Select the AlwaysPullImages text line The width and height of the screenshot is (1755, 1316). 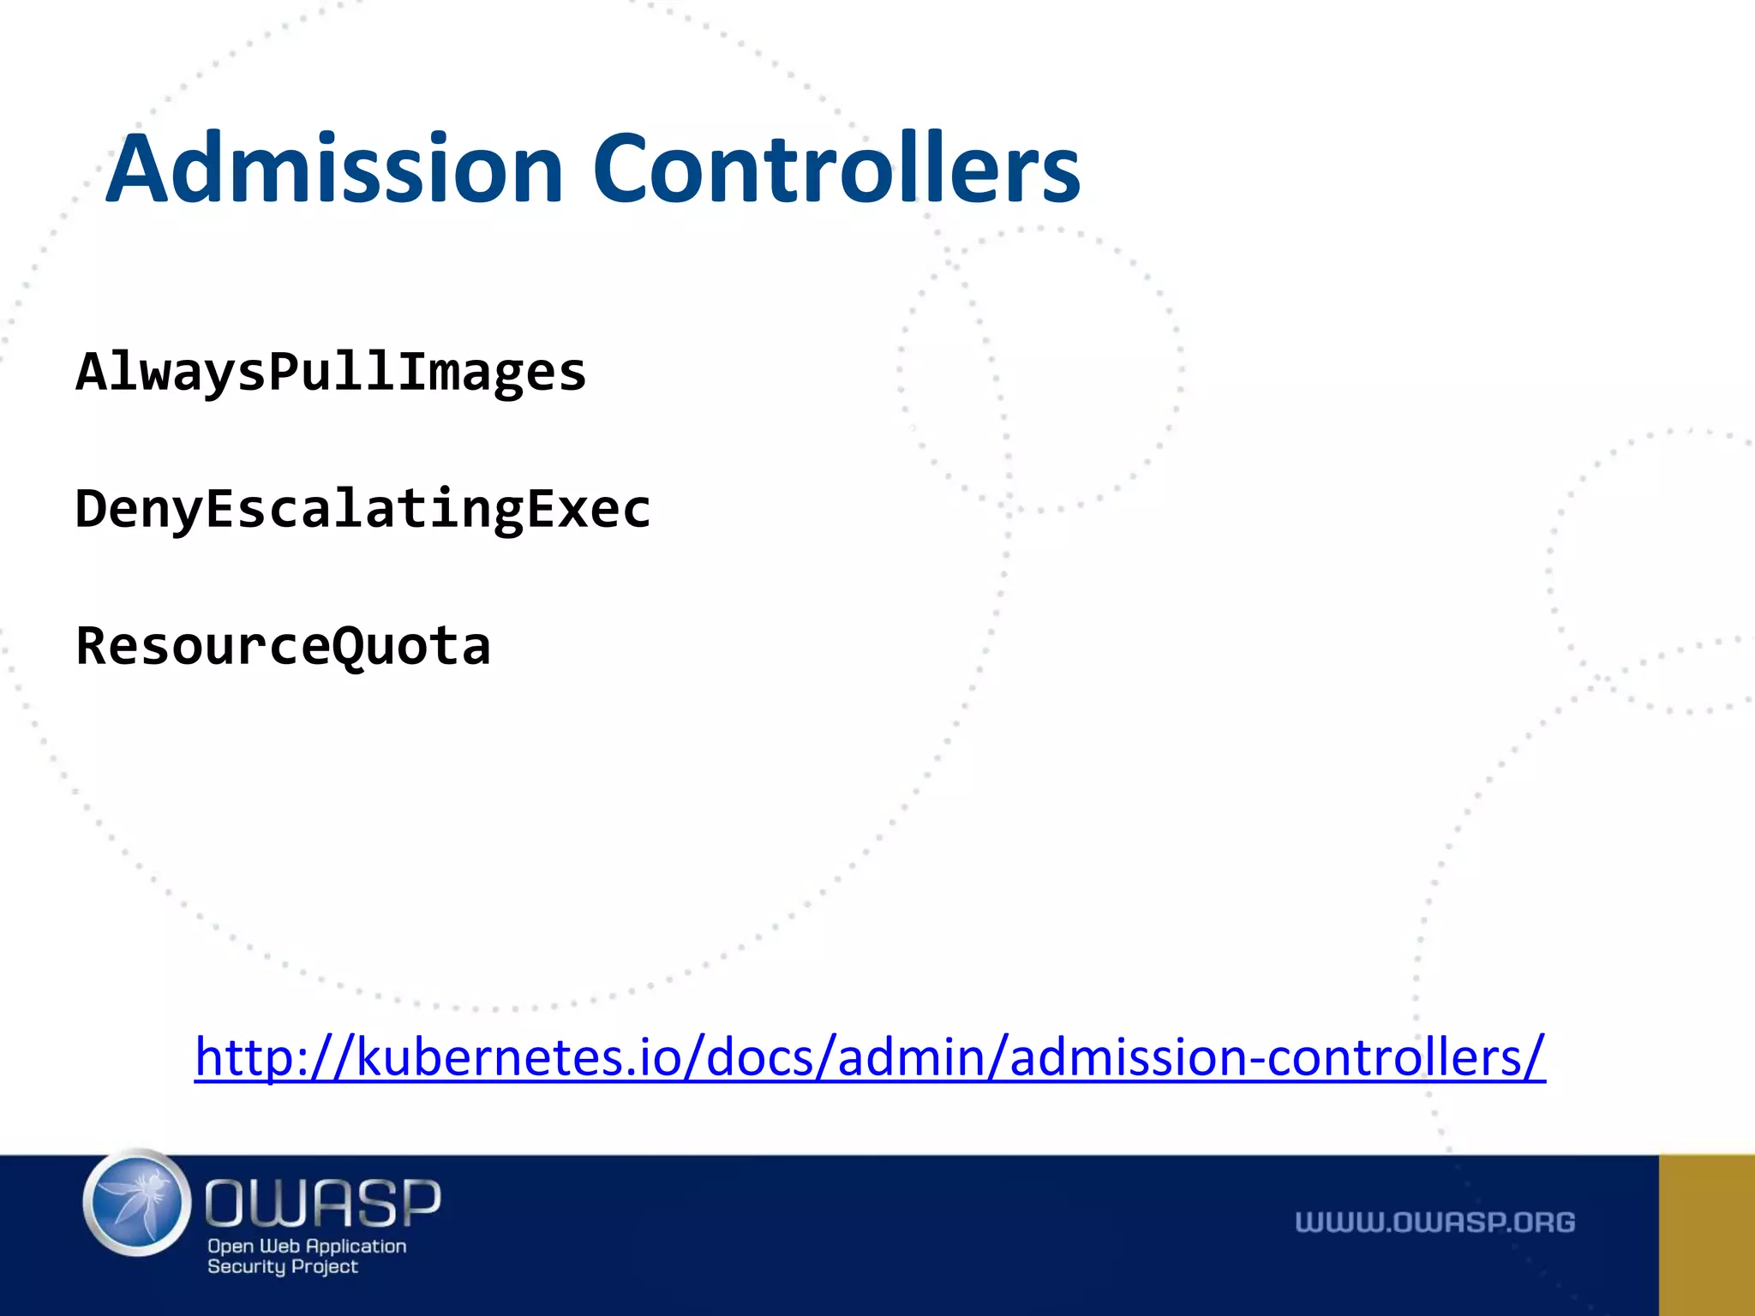coord(331,373)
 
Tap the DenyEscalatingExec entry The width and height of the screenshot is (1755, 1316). coord(363,509)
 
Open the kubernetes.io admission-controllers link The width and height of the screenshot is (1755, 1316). coord(870,1056)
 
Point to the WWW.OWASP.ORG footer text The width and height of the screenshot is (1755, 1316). coord(1435,1222)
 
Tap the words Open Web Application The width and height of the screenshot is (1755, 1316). coord(307,1246)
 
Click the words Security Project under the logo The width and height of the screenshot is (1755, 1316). coord(282,1266)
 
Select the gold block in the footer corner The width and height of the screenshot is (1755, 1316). coord(1706,1235)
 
